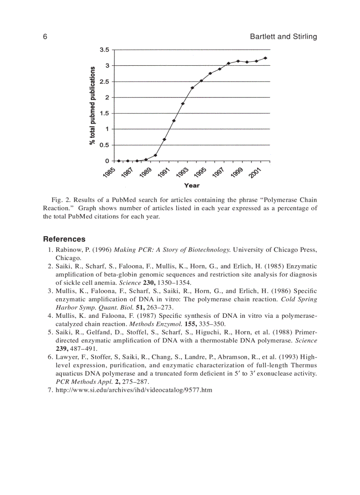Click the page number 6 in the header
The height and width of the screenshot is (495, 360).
click(x=45, y=37)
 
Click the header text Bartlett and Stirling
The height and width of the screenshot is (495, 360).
click(x=283, y=37)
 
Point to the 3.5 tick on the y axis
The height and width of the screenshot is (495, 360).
click(x=104, y=50)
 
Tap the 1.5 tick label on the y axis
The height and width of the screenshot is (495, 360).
click(x=104, y=113)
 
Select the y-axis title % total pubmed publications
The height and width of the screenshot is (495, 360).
click(x=93, y=105)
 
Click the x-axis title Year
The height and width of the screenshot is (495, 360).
click(x=191, y=185)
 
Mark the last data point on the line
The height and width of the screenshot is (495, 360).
click(x=265, y=58)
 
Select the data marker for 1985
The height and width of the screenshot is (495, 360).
click(x=118, y=161)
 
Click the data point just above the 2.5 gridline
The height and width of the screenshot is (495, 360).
click(x=201, y=81)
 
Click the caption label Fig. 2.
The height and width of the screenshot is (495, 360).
click(x=59, y=200)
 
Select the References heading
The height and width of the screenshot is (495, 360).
click(x=64, y=239)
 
